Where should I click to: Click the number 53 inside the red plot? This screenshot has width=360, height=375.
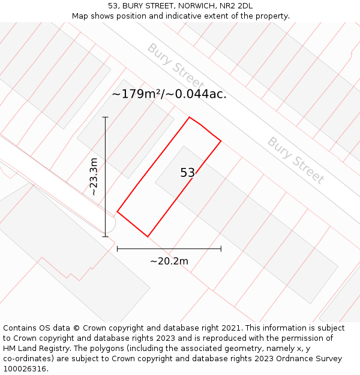tap(188, 173)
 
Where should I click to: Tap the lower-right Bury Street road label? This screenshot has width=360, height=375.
tap(296, 160)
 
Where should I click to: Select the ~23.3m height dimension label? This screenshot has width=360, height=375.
tap(93, 176)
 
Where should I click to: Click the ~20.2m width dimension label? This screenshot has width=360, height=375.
tap(169, 261)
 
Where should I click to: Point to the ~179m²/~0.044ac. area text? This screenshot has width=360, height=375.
tap(169, 94)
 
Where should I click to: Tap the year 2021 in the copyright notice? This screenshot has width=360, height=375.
tap(230, 328)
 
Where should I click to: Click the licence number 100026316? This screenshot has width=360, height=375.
tap(25, 369)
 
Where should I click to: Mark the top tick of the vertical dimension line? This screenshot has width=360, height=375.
tap(105, 117)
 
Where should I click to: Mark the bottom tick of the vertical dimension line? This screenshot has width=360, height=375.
tap(105, 236)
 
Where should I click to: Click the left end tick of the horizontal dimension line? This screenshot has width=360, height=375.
tap(117, 248)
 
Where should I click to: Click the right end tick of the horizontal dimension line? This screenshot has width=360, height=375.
tap(221, 248)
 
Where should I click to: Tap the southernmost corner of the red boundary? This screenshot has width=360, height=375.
tap(148, 236)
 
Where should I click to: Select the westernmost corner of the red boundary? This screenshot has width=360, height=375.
tap(117, 212)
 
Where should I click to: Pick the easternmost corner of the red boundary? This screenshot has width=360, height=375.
tap(221, 141)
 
